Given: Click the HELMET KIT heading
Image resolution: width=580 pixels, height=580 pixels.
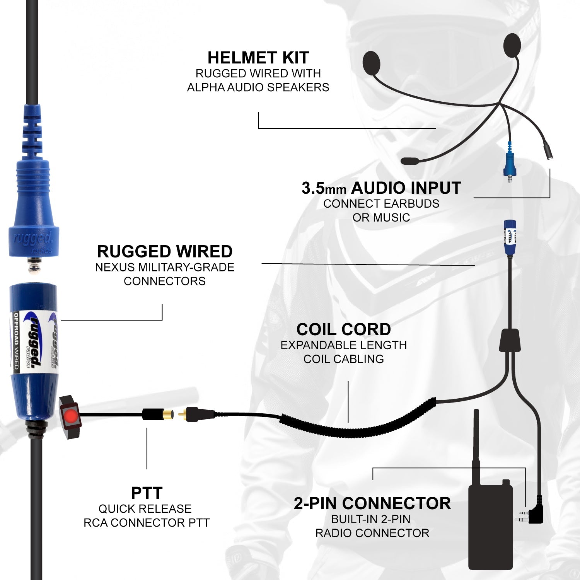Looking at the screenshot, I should (x=258, y=58).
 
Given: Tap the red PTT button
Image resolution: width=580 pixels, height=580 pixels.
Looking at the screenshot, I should (x=71, y=416).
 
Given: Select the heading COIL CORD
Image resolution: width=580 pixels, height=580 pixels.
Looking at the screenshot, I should (x=343, y=329).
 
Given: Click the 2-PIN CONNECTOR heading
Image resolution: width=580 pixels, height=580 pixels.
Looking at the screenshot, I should (x=372, y=503).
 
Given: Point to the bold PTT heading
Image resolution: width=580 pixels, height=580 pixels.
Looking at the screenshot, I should (x=147, y=493).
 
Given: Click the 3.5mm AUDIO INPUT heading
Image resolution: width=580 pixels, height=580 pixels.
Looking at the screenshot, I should (x=381, y=188).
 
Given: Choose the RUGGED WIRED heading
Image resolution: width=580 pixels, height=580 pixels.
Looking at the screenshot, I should (x=165, y=251).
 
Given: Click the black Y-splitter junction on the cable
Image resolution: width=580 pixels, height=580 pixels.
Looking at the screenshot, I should (x=509, y=340).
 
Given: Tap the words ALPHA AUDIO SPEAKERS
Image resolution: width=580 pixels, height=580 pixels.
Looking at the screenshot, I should (x=258, y=87).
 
